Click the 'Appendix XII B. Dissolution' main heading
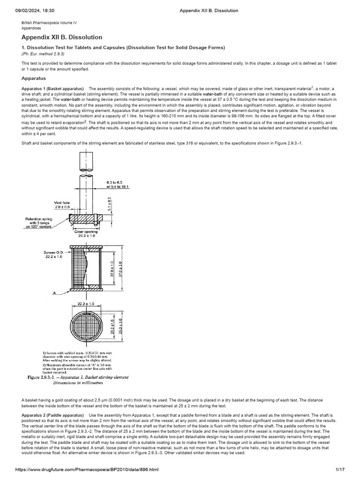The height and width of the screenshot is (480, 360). click(62, 37)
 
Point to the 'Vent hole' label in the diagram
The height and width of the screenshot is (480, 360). click(62, 202)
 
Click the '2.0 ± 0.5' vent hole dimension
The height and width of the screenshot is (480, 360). click(62, 207)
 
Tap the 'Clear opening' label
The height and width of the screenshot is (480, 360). click(85, 232)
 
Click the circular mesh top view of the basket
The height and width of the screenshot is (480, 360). click(85, 326)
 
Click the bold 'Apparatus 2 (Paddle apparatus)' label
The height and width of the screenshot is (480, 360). click(53, 415)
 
